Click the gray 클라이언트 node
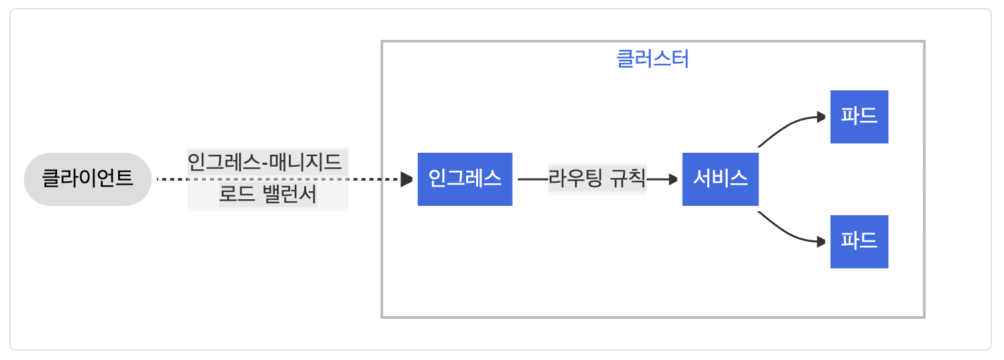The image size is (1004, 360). (88, 179)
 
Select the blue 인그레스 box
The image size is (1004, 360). (465, 179)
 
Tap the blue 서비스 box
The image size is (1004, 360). (720, 179)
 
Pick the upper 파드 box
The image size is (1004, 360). (859, 117)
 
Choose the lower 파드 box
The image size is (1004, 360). (859, 242)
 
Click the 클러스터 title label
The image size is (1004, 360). (653, 60)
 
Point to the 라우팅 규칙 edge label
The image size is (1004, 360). (597, 179)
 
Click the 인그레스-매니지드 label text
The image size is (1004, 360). (265, 161)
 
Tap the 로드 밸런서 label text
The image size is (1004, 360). (268, 196)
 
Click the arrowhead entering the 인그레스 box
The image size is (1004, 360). (407, 179)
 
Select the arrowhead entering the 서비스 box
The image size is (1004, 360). (672, 179)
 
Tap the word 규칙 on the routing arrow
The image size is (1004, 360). (627, 179)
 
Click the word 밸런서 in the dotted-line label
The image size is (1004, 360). (290, 196)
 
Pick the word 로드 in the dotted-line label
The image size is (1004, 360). (236, 196)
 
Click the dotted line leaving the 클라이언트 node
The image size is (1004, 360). (171, 179)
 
